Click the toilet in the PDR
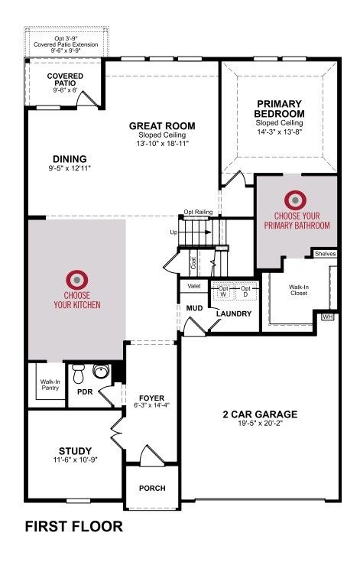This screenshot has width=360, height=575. click(78, 373)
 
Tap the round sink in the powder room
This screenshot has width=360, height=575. click(102, 371)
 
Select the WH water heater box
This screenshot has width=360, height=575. click(328, 317)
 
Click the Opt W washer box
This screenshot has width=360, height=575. click(223, 291)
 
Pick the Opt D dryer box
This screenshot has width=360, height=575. click(245, 291)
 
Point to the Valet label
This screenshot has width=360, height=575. click(194, 286)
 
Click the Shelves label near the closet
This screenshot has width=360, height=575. click(325, 254)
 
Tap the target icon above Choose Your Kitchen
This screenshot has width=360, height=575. click(77, 280)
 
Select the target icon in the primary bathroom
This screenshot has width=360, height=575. click(296, 200)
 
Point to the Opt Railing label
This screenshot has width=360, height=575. click(198, 212)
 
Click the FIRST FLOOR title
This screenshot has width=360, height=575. click(73, 527)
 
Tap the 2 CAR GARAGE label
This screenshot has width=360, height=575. click(260, 414)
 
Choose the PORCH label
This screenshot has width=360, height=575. click(152, 489)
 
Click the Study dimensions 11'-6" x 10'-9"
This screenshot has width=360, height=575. click(75, 459)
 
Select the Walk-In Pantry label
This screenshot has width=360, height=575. click(50, 385)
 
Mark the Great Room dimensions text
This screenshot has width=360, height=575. click(162, 144)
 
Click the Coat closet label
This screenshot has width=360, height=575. click(193, 262)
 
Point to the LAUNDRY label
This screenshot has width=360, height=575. click(234, 314)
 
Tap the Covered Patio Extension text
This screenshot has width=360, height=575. click(66, 44)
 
